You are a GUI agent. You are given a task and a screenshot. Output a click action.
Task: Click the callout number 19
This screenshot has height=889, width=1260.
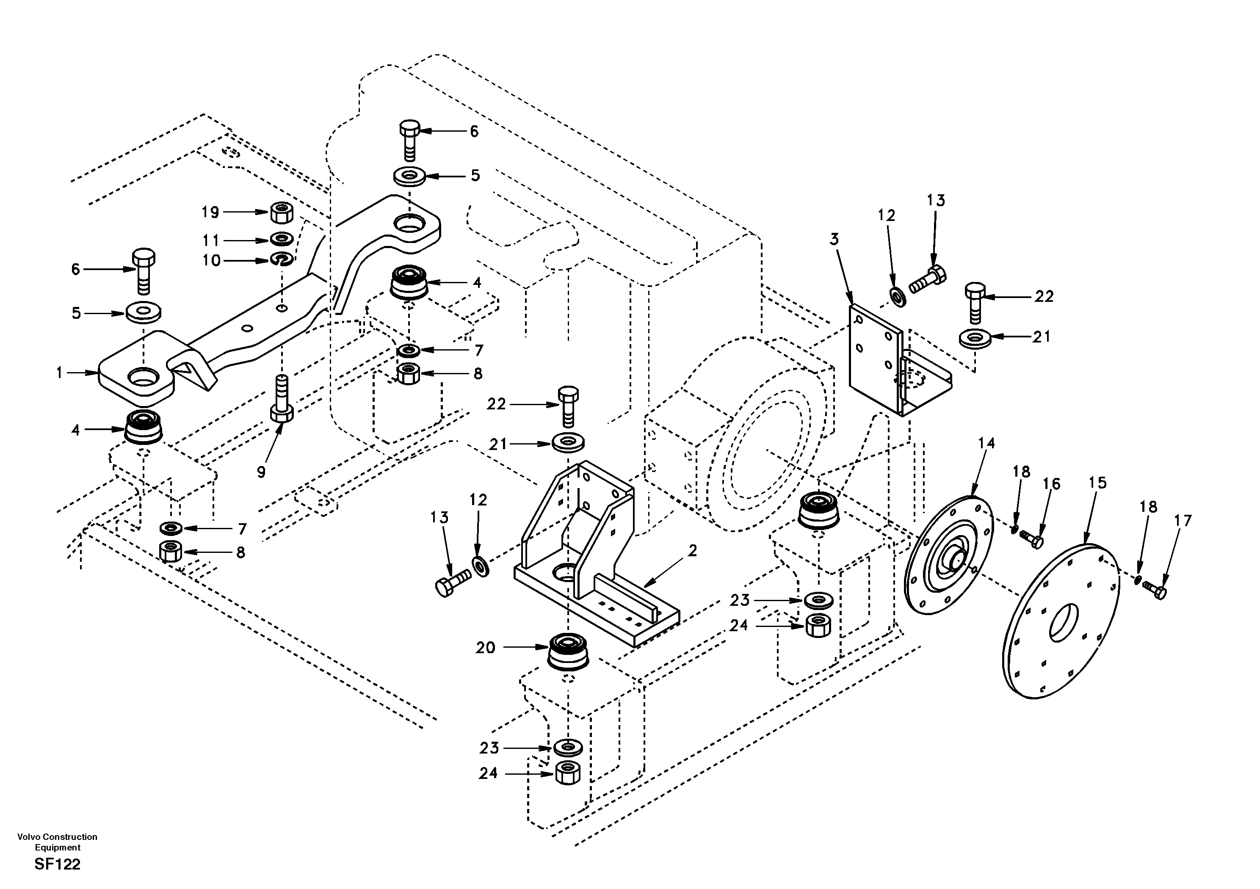(x=210, y=213)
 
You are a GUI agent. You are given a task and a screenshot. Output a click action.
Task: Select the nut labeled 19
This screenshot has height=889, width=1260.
(x=282, y=213)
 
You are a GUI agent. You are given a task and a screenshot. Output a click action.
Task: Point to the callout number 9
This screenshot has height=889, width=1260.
(x=261, y=472)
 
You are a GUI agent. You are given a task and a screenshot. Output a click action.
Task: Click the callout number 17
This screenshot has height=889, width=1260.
(x=1183, y=520)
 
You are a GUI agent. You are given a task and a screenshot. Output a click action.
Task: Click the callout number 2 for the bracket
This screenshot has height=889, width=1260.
(x=693, y=551)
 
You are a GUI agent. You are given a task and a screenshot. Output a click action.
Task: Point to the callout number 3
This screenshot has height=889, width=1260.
(x=834, y=239)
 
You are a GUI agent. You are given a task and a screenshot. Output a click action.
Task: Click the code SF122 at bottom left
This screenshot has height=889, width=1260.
(x=58, y=864)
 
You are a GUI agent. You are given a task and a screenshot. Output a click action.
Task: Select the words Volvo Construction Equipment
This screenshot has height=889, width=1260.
(x=58, y=842)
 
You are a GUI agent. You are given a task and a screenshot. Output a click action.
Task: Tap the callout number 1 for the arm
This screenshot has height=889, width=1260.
(x=59, y=373)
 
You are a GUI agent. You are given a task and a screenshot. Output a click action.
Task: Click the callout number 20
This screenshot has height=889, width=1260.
(x=485, y=648)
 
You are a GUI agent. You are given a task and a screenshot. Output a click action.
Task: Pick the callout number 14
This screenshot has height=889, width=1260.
(x=986, y=443)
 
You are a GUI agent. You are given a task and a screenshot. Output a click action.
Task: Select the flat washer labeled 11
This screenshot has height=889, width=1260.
(x=282, y=239)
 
